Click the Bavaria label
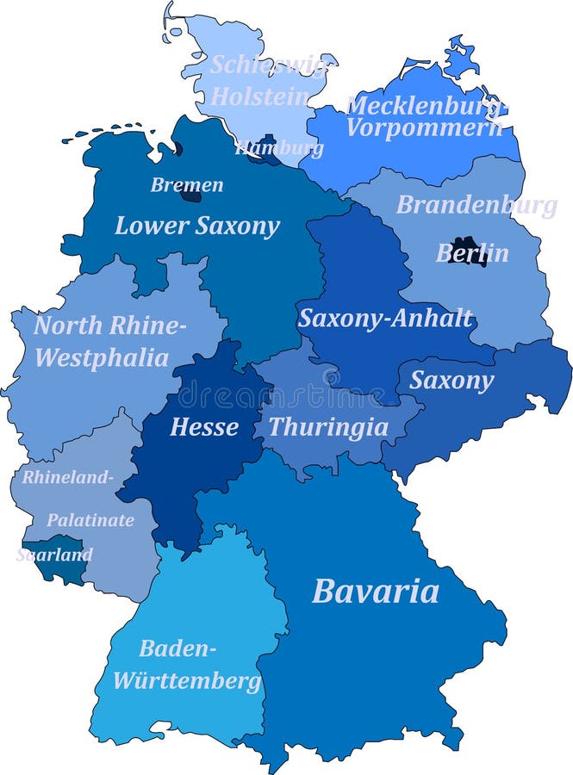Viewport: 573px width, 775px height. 375,592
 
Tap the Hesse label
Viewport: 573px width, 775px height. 204,426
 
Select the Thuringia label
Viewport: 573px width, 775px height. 327,427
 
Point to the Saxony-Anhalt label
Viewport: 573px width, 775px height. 385,318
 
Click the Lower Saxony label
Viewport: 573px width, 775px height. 197,226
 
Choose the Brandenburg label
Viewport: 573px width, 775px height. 476,205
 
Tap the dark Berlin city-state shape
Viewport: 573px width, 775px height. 468,250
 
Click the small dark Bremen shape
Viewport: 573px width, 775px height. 190,194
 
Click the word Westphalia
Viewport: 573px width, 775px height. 102,357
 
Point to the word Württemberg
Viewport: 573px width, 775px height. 187,681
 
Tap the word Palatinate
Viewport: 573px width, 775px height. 90,520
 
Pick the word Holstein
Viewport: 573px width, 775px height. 259,96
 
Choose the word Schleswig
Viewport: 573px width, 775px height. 268,65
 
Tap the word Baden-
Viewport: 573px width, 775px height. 178,648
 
